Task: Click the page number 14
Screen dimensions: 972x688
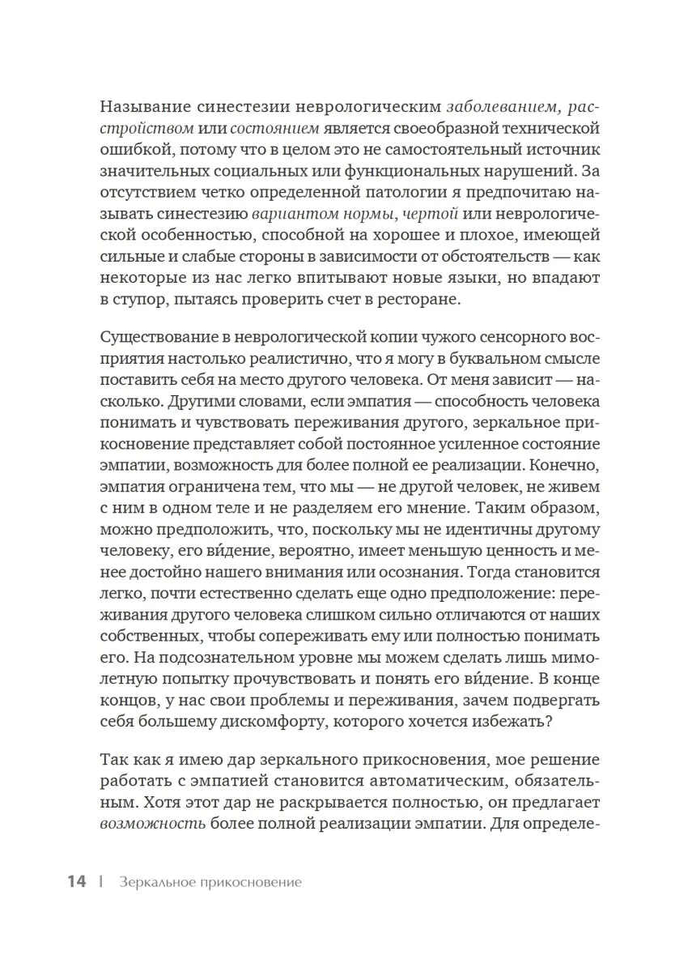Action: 76,882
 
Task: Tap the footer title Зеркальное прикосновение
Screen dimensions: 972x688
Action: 209,883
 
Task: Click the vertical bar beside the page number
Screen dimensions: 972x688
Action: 101,882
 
